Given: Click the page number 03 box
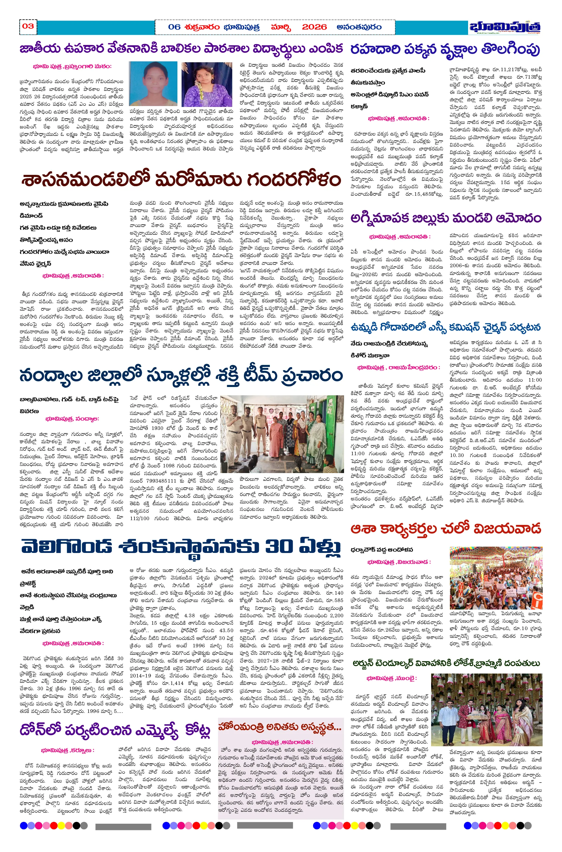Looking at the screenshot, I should coord(28,27).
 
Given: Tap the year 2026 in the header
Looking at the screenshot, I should coord(314,27).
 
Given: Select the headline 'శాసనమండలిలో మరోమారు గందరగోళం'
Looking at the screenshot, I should coord(181,179).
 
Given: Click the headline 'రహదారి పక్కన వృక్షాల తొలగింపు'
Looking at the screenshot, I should coord(445,49).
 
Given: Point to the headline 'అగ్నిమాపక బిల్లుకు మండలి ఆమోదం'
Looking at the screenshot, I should coord(445,218).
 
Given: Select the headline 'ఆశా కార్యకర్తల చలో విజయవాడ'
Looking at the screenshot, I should coord(445,528).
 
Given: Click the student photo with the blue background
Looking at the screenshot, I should coord(153,84).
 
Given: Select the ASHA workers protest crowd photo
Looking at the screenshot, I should coord(496,578).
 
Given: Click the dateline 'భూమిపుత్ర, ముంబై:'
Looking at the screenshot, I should coord(391,678).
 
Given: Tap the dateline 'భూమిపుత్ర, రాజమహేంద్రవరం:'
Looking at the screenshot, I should coord(398,367).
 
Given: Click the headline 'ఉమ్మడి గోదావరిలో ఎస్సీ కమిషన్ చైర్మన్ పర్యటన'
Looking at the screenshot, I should coord(445,327).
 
